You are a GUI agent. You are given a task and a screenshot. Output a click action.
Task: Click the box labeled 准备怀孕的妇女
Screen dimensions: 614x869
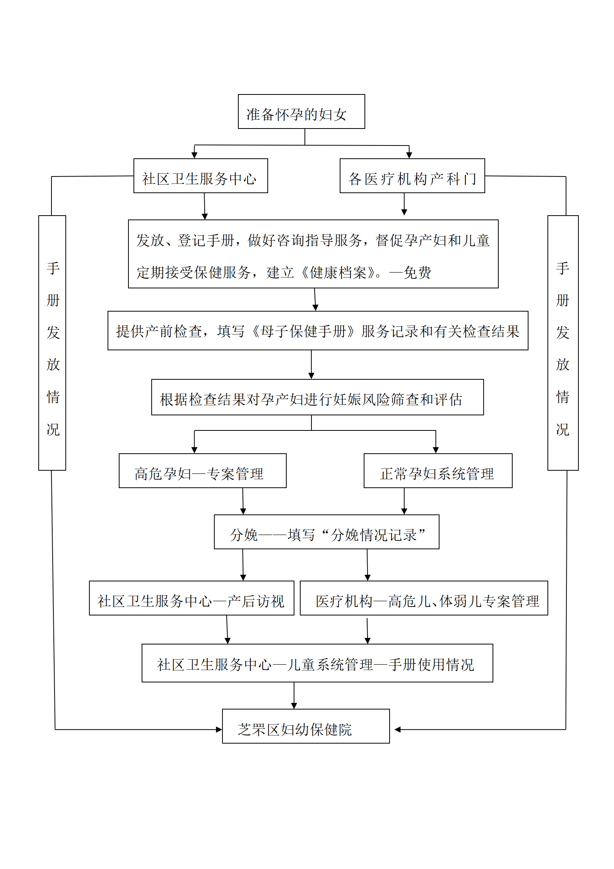(301, 111)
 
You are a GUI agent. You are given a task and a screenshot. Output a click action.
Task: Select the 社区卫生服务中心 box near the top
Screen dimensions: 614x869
(201, 176)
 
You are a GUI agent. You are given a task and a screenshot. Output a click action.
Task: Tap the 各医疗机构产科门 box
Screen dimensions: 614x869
(412, 176)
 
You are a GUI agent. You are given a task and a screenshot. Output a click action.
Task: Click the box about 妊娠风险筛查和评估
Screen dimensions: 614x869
(318, 397)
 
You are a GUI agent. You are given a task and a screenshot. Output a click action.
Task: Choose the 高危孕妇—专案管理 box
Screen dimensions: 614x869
(203, 471)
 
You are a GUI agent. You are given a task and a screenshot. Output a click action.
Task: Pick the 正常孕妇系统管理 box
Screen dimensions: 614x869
(438, 471)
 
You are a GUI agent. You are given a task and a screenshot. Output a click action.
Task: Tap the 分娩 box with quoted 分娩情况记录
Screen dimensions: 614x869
(327, 532)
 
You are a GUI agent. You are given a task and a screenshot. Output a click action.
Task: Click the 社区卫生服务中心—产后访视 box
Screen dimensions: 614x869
(192, 598)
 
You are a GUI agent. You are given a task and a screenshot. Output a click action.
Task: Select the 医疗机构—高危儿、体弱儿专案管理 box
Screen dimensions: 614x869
(424, 598)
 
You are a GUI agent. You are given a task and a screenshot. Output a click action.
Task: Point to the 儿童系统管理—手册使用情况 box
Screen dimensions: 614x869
(317, 663)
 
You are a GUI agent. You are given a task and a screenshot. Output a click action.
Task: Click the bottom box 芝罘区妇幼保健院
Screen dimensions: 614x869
(306, 726)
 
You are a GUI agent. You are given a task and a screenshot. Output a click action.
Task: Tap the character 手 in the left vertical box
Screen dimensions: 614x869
(53, 268)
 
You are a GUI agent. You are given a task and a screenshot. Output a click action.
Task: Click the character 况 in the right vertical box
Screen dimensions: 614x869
(563, 429)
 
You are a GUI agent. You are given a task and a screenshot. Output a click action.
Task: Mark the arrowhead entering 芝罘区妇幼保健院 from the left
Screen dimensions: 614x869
(219, 730)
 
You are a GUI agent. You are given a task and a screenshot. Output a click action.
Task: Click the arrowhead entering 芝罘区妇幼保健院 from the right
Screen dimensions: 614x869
(397, 730)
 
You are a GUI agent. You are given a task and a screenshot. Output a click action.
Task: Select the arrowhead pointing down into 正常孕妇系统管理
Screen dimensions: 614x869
(436, 450)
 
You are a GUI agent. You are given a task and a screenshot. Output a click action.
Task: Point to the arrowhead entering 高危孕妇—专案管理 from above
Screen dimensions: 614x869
(194, 450)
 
